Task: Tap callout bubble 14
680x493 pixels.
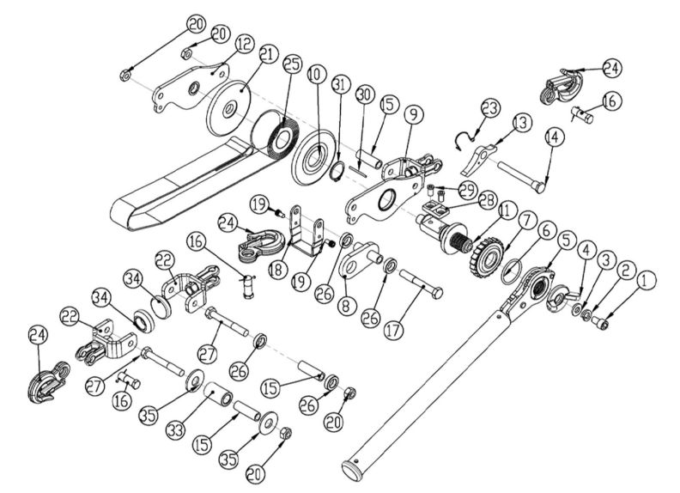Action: point(551,136)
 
